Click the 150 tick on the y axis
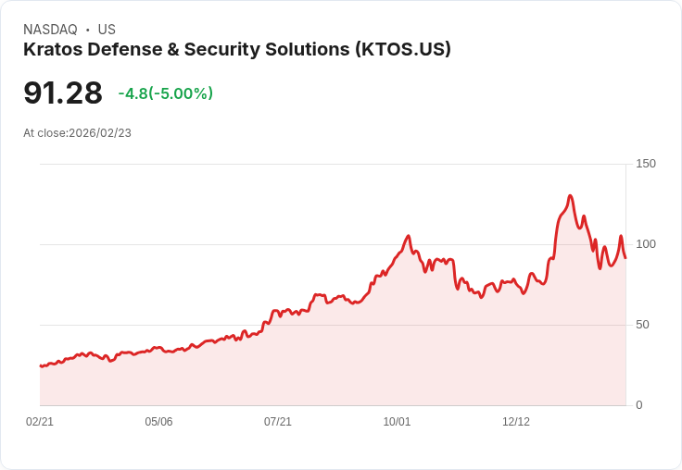646,164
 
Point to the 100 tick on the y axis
646,244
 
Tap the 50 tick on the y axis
643,325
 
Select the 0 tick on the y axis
639,405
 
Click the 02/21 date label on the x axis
40,422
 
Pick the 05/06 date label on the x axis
158,422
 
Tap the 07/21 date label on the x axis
278,422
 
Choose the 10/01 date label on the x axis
397,422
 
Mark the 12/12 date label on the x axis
516,422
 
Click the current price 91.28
63,93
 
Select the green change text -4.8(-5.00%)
166,93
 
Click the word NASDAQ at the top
50,30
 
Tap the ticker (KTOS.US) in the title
403,50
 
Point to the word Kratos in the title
52,50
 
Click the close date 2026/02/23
100,133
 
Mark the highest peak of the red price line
571,195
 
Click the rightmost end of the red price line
625,257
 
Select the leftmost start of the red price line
40,366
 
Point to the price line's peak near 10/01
409,236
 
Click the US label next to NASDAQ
107,30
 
